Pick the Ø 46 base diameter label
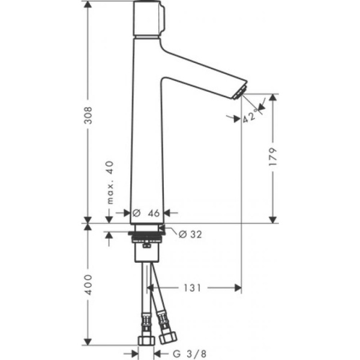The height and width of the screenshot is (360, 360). tap(146, 212)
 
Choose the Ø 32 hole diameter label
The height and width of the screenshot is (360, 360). tap(190, 235)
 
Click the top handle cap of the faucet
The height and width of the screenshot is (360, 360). tap(147, 19)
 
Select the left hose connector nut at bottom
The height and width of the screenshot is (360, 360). tap(146, 341)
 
